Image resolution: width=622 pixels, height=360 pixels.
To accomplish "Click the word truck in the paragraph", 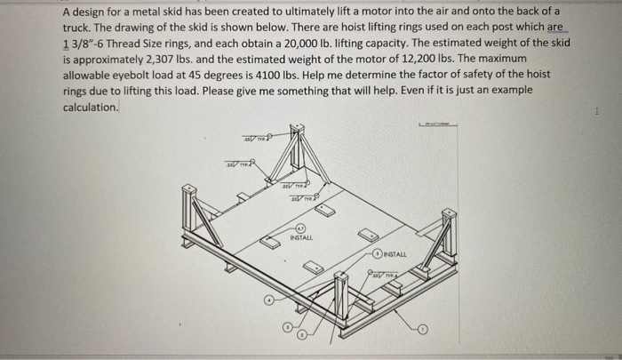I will (78, 28).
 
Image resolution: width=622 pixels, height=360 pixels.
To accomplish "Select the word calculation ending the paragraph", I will (90, 107).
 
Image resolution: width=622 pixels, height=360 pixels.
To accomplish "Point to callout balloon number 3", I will (287, 329).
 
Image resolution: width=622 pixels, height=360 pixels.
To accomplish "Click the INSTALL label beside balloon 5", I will (395, 254).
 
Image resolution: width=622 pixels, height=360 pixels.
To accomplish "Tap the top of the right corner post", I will (450, 214).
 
